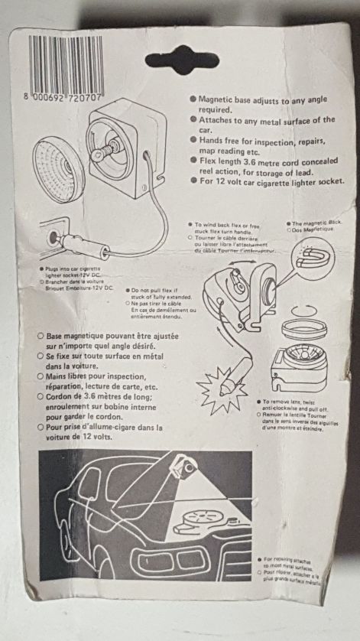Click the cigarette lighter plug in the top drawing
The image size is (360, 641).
[x=85, y=246]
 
